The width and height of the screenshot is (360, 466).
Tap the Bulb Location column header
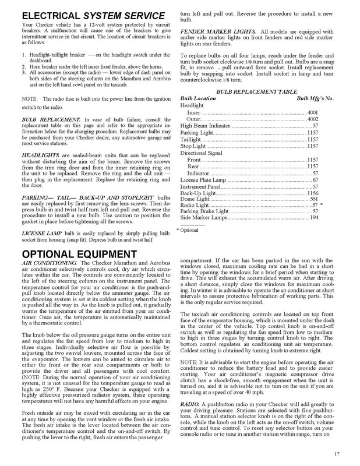(198, 100)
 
